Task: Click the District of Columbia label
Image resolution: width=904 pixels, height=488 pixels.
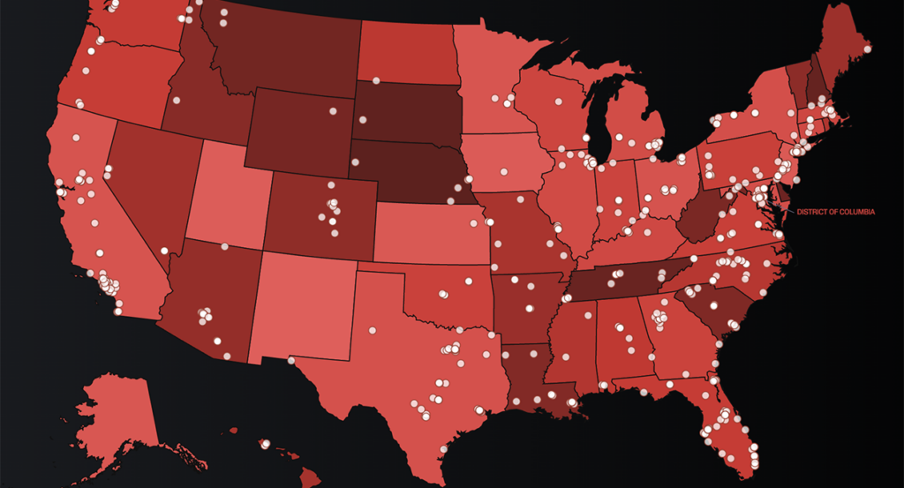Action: (835, 212)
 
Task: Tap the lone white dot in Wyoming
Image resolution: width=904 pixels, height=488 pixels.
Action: (333, 110)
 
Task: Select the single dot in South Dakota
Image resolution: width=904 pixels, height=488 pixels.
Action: (375, 81)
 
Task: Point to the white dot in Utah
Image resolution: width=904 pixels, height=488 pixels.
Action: (225, 246)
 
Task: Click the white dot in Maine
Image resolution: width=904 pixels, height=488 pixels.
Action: (867, 49)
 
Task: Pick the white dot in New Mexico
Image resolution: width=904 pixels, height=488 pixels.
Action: (290, 360)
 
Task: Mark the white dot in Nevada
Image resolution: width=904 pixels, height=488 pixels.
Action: (165, 251)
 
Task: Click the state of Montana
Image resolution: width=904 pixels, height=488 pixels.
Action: (282, 49)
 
